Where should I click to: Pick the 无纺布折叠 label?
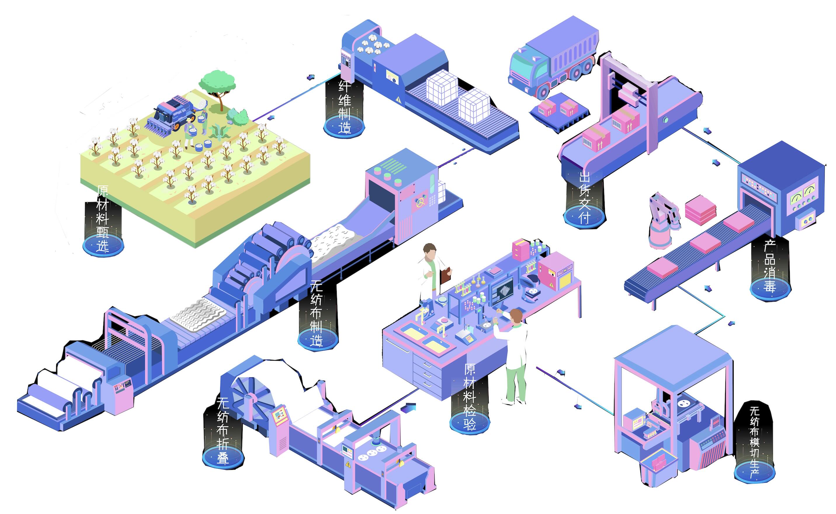223,430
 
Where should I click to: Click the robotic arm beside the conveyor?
661,219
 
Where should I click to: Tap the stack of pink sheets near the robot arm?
700,209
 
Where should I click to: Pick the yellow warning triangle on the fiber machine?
398,99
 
